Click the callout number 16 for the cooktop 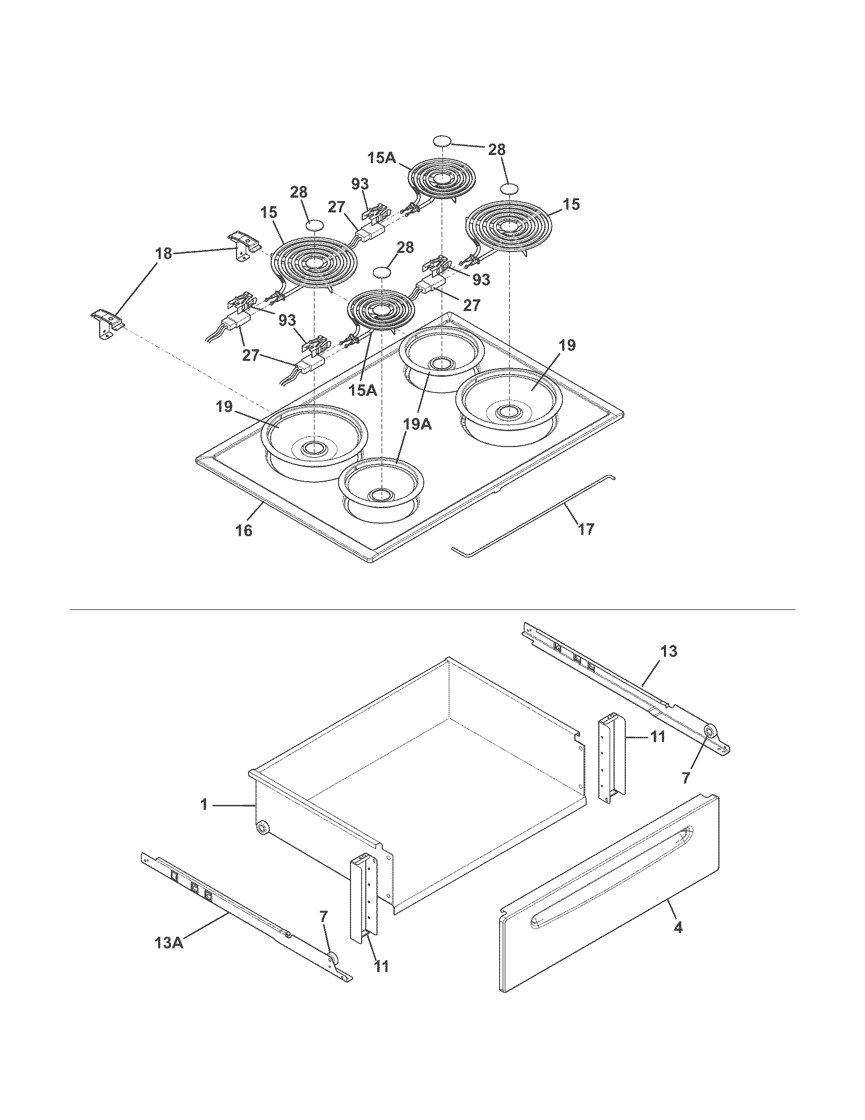pos(244,530)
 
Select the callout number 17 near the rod pos(586,528)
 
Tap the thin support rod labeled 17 pos(533,513)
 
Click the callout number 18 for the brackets pos(164,254)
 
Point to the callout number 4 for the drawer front pos(678,927)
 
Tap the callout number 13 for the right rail pos(669,651)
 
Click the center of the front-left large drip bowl pos(310,447)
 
